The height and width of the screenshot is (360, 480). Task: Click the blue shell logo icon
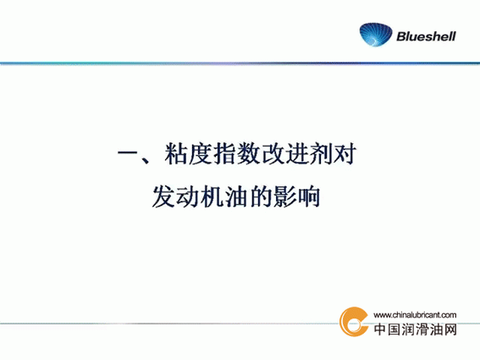pos(376,35)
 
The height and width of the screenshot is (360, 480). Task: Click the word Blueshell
pos(426,36)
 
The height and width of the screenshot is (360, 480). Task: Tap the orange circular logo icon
pos(354,321)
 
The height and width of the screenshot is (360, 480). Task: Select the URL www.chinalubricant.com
pos(415,314)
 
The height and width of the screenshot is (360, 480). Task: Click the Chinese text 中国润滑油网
pos(416,330)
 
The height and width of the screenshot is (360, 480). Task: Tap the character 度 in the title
pos(200,153)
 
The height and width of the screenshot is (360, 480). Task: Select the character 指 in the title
pos(224,153)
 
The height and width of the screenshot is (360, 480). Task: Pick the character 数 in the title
pos(248,153)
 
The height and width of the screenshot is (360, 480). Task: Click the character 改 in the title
pos(272,153)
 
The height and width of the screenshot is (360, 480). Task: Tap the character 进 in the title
pos(296,153)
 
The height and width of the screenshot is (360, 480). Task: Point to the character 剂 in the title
pos(320,153)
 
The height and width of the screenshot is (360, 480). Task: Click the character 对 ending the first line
pos(344,153)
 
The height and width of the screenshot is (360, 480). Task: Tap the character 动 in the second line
pos(188,197)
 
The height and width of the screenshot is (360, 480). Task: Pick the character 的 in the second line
pos(260,197)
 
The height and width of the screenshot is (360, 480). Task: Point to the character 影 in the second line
pos(284,197)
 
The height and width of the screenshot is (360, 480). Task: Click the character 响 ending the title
pos(308,197)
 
